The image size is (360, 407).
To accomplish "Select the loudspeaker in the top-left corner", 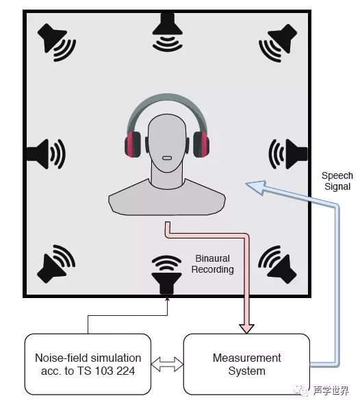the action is pos(55,42).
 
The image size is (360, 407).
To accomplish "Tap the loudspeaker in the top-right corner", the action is pos(279,42).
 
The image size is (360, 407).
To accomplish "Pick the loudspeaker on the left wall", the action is pos(45,154).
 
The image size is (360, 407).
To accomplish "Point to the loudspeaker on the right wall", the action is pos(288,154).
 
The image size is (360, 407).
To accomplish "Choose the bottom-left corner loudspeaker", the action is pos(55,264).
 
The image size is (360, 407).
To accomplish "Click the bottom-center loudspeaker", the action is pos(166,275).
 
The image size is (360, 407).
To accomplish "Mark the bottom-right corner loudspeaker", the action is pos(278,264).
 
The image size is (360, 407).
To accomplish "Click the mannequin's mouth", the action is pos(166,158).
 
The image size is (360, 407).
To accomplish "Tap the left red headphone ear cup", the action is pos(133,145).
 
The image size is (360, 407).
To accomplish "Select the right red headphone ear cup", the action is pos(201,145).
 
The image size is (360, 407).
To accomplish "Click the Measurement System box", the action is pos(246,364).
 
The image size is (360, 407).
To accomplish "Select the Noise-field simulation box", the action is pos(88,364).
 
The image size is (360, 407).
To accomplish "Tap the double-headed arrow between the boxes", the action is pos(167,364).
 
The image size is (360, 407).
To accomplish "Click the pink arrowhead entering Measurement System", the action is pos(246,329).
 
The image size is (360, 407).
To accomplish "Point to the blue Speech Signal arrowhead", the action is pos(255,187).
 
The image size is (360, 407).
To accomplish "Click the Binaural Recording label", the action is pos(212,264).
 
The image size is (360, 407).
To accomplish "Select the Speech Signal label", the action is pos(337,181).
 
